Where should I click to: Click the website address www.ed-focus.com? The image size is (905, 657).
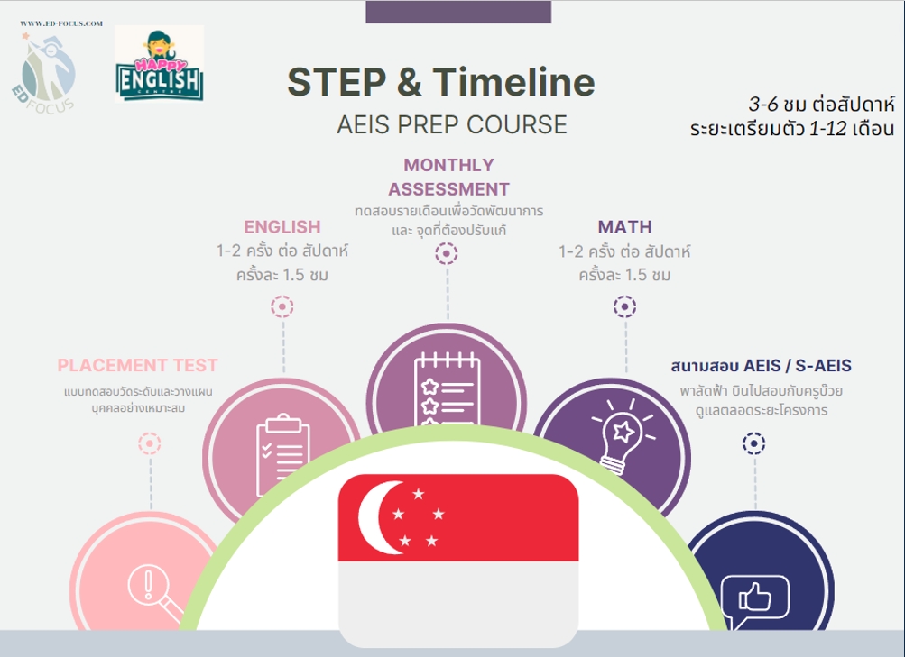point(61,23)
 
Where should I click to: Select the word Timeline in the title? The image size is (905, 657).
point(513,82)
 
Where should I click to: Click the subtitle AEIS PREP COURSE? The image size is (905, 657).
point(452,124)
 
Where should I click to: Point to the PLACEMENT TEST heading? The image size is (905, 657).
point(137,365)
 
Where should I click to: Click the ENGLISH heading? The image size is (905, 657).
point(282,227)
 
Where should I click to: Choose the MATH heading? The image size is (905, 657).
point(625,227)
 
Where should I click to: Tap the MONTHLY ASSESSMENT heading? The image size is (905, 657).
point(448,177)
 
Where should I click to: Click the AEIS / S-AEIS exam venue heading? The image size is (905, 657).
point(761,366)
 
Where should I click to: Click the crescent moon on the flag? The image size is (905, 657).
point(377,517)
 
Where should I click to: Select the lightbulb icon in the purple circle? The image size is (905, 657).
point(623,435)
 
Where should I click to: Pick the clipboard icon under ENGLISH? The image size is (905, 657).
point(282,455)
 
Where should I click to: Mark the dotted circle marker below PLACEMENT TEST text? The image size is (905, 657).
point(150,443)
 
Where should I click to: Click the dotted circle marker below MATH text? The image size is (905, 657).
point(625,306)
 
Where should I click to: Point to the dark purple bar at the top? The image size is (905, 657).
point(458,12)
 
